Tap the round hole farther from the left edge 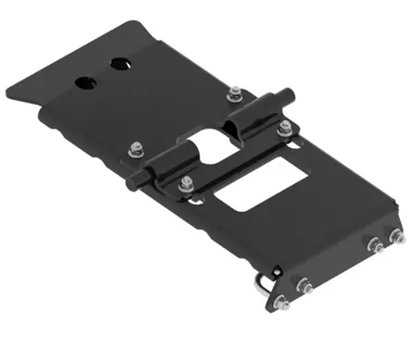(119, 64)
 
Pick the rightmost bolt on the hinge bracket (285, 126)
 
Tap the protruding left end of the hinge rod (140, 184)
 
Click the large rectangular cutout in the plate (254, 185)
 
